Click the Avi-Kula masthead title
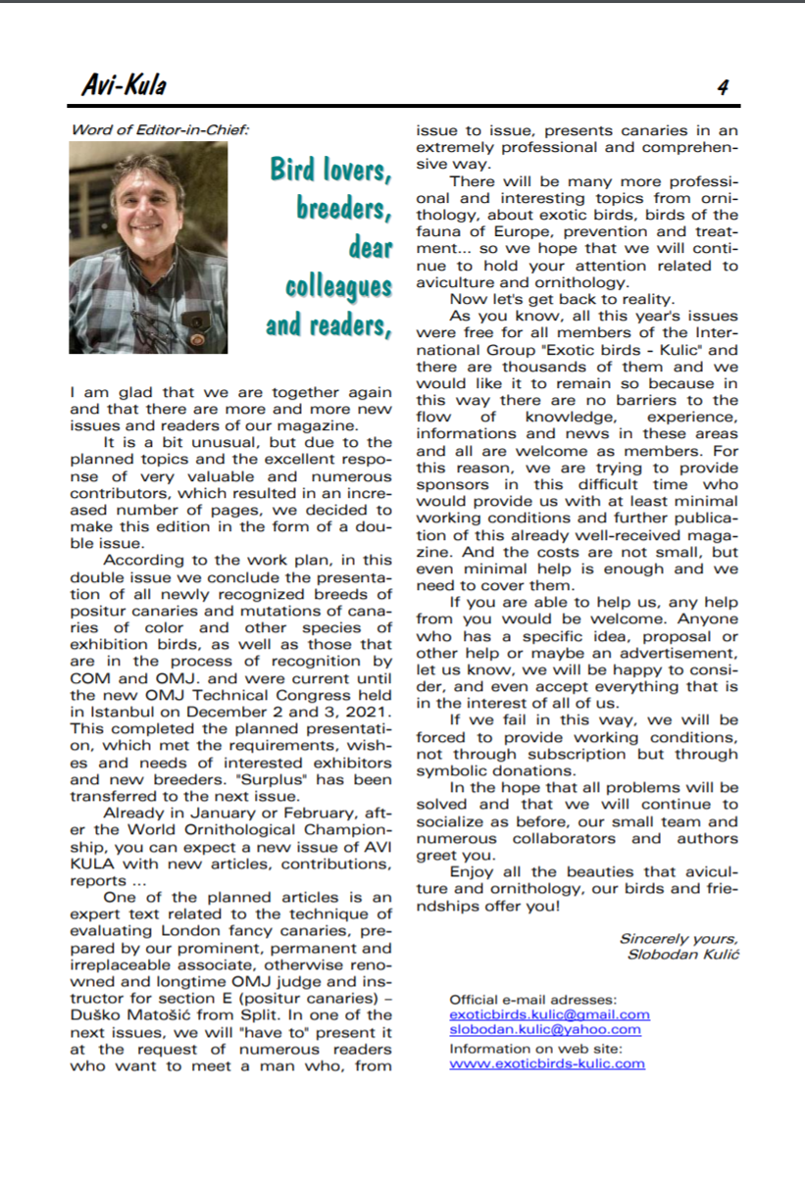tap(124, 86)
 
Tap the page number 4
tap(723, 87)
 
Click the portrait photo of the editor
tap(148, 247)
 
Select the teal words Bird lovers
tap(331, 170)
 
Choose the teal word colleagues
tap(338, 286)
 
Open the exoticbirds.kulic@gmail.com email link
tap(549, 1014)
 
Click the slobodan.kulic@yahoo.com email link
tap(544, 1029)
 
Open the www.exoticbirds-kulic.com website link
tap(547, 1062)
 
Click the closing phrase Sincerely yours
tap(679, 939)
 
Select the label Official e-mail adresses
tap(532, 999)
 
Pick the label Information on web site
tap(535, 1047)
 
